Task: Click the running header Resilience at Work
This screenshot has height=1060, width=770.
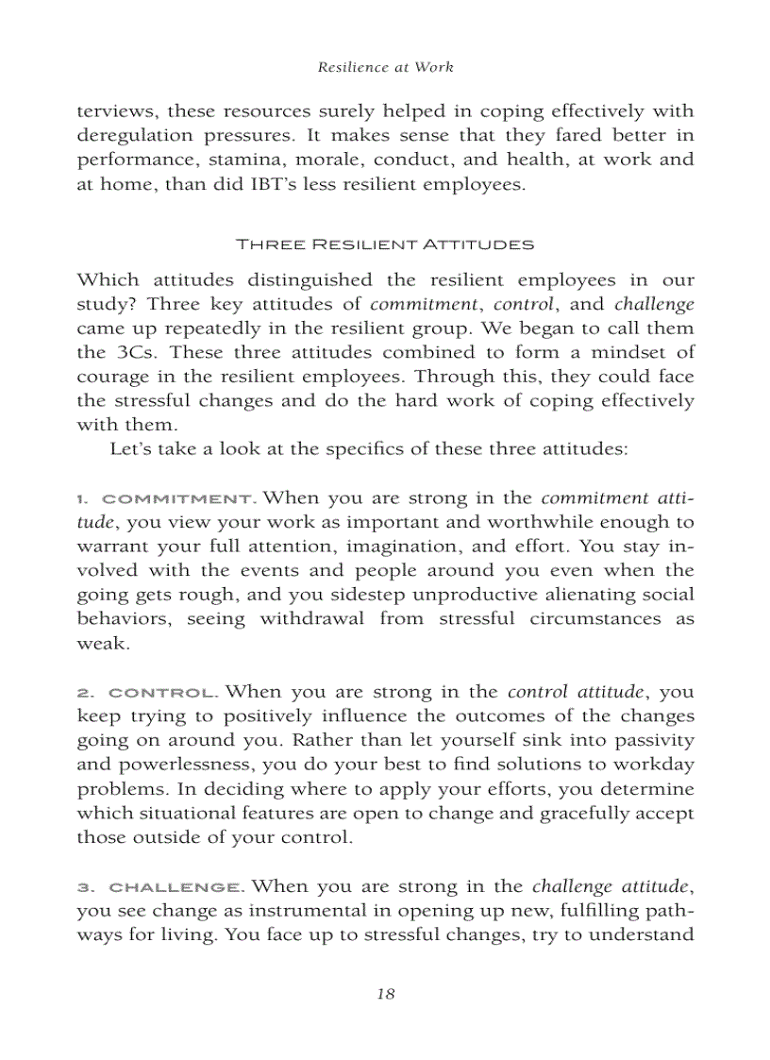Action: [x=385, y=67]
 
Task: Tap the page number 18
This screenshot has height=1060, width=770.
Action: [x=385, y=993]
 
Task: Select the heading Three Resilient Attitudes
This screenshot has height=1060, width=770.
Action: [x=385, y=244]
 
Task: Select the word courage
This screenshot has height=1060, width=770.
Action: [x=109, y=378]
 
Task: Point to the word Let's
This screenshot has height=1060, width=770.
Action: [x=131, y=449]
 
